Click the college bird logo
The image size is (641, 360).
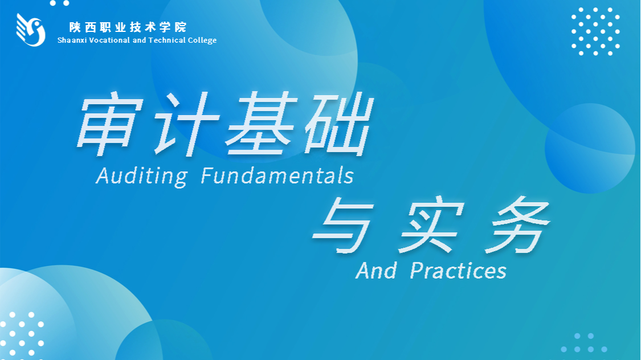tap(31, 30)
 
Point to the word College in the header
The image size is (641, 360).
tap(202, 40)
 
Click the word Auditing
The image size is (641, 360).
tap(142, 176)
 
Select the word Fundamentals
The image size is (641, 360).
tap(277, 175)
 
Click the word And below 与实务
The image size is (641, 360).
tap(377, 270)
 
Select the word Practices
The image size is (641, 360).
tap(458, 270)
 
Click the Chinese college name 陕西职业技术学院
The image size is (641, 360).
tap(128, 27)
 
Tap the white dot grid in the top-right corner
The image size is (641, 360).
tap(595, 31)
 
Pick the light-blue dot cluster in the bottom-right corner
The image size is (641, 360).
tap(584, 343)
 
